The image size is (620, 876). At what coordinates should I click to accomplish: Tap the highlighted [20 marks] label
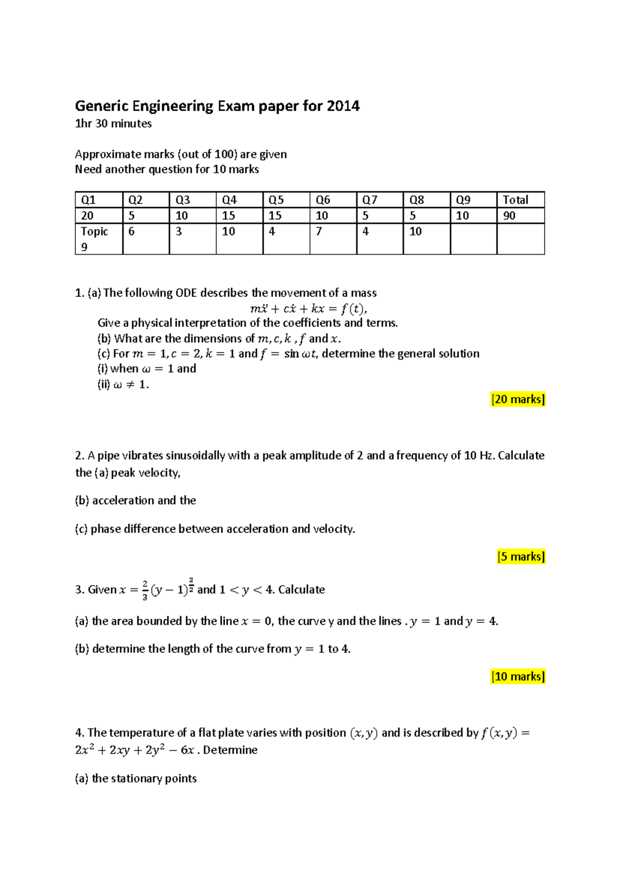[x=518, y=399]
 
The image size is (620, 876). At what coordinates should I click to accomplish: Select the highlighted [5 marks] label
[x=521, y=556]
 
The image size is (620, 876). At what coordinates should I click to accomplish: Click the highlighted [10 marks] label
[x=518, y=676]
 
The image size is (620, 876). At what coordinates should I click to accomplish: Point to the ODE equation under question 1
[x=308, y=309]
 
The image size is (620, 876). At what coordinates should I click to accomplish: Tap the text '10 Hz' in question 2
[x=479, y=456]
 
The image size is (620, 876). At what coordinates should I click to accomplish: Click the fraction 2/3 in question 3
[x=145, y=590]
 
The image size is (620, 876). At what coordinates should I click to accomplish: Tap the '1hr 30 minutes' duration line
[x=113, y=123]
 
